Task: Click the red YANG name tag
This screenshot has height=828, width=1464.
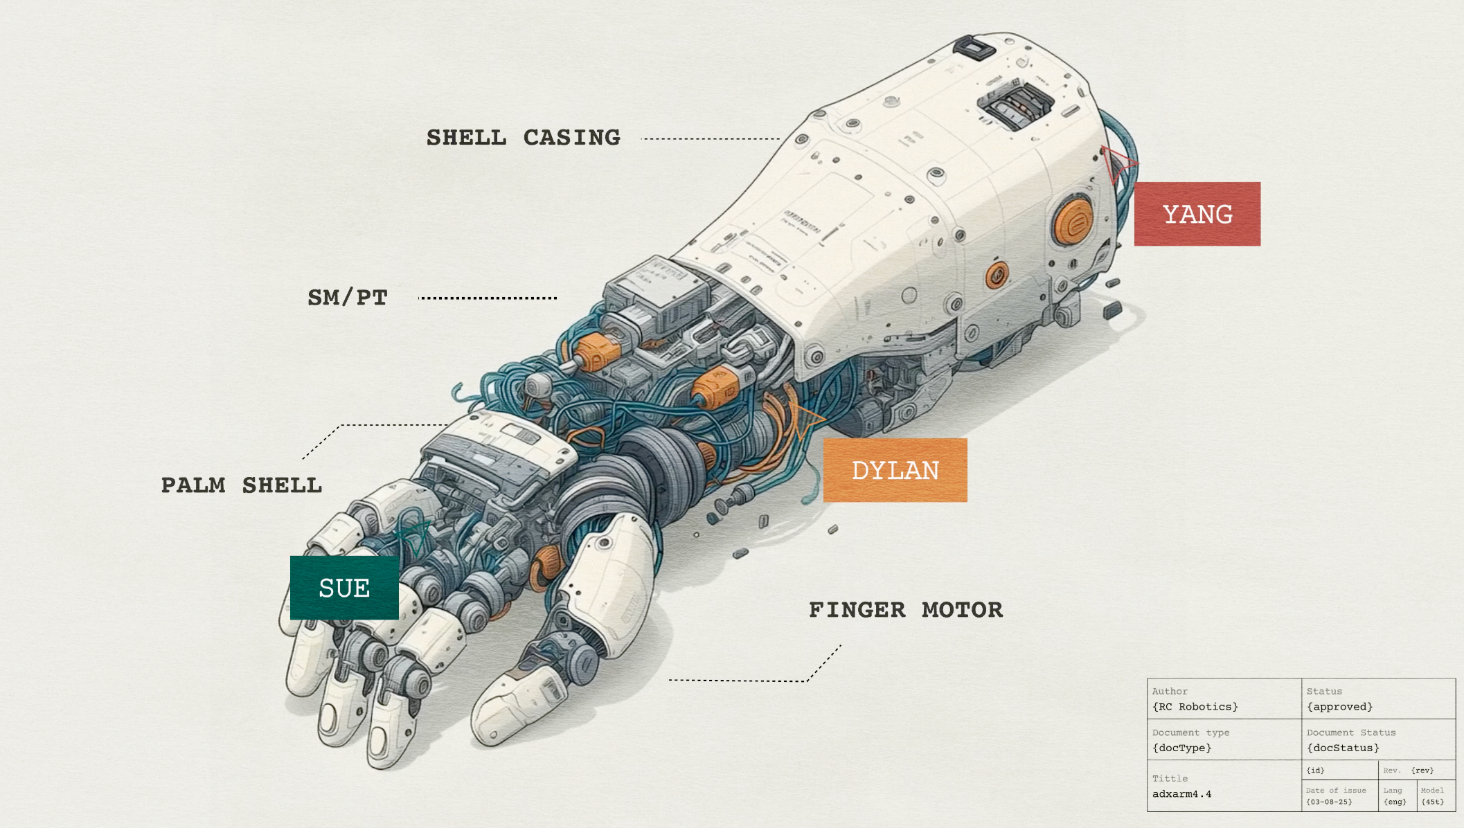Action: coord(1197,214)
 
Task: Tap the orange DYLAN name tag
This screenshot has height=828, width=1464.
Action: coord(895,470)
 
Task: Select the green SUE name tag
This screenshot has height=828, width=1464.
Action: coord(344,588)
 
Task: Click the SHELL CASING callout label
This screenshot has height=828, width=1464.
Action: coord(523,138)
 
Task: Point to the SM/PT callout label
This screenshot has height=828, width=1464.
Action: coord(348,298)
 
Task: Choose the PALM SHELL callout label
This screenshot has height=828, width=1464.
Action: coord(242,485)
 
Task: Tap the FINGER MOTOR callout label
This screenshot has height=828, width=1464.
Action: coord(906,610)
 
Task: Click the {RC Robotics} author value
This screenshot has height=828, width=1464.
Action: coord(1195,707)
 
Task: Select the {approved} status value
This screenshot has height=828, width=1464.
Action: coord(1339,707)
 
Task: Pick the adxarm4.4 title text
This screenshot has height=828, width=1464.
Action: coord(1181,794)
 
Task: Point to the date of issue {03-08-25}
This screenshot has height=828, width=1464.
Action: coord(1328,802)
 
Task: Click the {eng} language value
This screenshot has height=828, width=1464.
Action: coord(1395,802)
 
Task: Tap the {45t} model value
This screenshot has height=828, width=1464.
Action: coord(1433,802)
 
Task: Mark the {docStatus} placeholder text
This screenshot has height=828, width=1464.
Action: coord(1343,748)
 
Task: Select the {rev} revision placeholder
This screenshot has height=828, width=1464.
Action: coord(1422,771)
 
